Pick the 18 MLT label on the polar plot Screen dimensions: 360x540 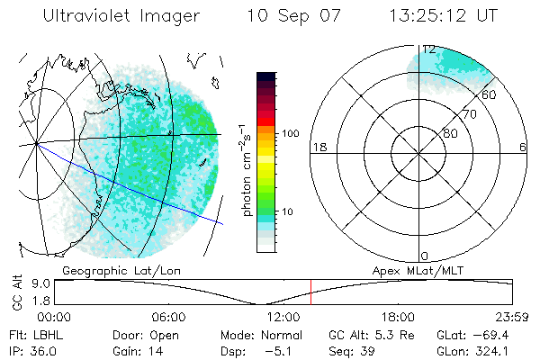(x=318, y=146)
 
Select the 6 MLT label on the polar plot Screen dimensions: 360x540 (x=523, y=146)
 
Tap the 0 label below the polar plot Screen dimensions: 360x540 (x=425, y=256)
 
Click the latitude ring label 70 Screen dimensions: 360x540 (x=469, y=115)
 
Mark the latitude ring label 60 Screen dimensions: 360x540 (x=490, y=94)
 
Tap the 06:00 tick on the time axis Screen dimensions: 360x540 (x=168, y=317)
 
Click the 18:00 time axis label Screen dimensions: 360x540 (x=398, y=317)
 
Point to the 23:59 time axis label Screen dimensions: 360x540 (x=512, y=317)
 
